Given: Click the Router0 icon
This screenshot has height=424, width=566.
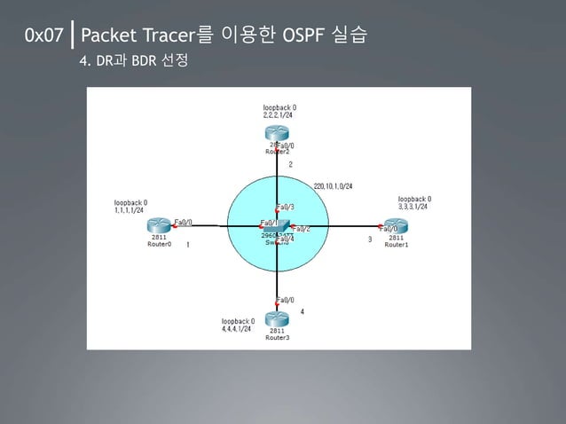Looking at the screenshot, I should click(x=159, y=226).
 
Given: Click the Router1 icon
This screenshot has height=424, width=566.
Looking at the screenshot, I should click(x=396, y=226).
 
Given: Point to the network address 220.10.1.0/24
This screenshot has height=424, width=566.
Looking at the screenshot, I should click(x=334, y=186).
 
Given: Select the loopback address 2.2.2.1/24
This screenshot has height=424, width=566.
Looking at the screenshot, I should click(x=279, y=115).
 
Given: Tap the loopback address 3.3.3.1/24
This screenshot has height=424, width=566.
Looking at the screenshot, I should click(x=413, y=208).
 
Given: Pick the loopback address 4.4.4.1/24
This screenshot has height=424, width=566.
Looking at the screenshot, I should click(x=236, y=329).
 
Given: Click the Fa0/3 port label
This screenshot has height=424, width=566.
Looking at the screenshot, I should click(x=286, y=207).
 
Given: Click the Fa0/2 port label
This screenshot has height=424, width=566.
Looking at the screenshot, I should click(x=300, y=229).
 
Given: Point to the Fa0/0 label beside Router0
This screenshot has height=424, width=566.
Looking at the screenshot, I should click(x=183, y=222).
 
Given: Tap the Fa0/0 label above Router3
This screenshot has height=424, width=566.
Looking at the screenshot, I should click(x=286, y=301).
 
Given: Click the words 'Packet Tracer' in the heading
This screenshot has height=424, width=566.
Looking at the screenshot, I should click(x=134, y=36).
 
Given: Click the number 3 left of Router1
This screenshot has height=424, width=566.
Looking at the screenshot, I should click(x=369, y=239).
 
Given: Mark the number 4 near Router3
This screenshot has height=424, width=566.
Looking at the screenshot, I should click(x=303, y=311).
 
